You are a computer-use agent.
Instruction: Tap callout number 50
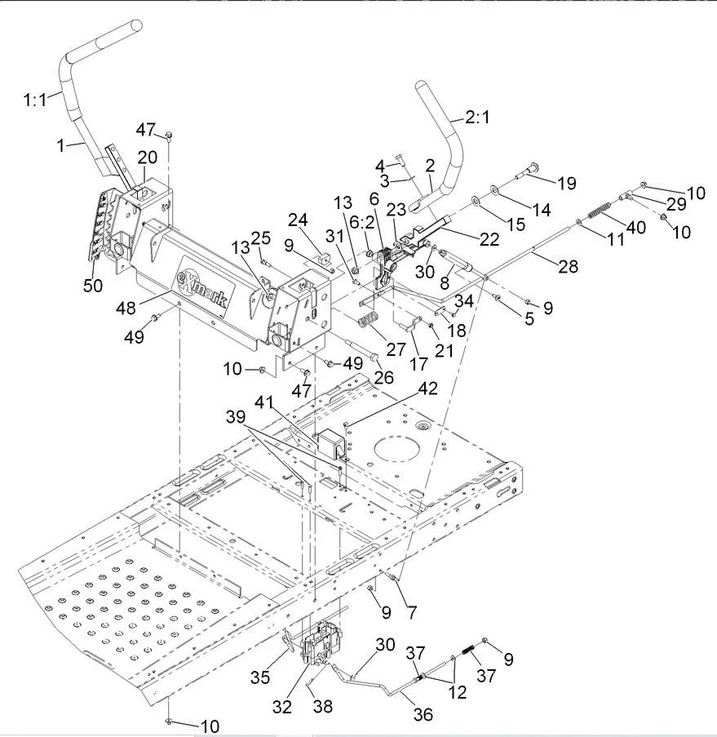(x=92, y=285)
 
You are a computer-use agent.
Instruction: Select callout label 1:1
(x=35, y=100)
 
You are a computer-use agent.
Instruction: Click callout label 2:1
(x=477, y=117)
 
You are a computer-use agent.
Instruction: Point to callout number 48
(x=126, y=308)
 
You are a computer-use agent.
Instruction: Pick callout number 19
(x=566, y=183)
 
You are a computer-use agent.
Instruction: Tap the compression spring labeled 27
(x=370, y=320)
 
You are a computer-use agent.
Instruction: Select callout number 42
(x=427, y=388)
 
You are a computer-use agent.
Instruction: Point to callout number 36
(x=423, y=714)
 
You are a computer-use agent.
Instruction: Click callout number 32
(x=282, y=707)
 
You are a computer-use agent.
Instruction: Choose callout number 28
(x=568, y=267)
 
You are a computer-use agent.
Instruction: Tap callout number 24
(x=298, y=220)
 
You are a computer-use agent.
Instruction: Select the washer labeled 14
(x=495, y=189)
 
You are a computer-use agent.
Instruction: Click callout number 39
(x=236, y=416)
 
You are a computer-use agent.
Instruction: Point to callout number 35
(x=260, y=677)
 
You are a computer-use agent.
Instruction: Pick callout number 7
(x=412, y=612)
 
